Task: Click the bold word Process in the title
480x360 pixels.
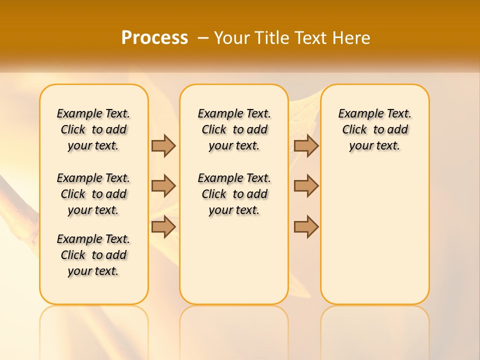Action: pyautogui.click(x=154, y=37)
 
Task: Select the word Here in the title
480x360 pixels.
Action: pyautogui.click(x=350, y=37)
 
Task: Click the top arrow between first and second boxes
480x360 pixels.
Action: pyautogui.click(x=163, y=145)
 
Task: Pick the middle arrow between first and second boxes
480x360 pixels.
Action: pyautogui.click(x=163, y=186)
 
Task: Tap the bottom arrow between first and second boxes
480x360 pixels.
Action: pyautogui.click(x=163, y=226)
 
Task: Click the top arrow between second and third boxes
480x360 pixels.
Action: pyautogui.click(x=306, y=145)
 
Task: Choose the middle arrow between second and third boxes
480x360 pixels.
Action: pyautogui.click(x=306, y=186)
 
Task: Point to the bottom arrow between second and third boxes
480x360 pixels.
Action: pyautogui.click(x=306, y=226)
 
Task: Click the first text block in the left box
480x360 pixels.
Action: pyautogui.click(x=93, y=129)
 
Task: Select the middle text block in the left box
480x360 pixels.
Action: pyautogui.click(x=93, y=194)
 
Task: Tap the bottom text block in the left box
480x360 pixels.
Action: pyautogui.click(x=93, y=255)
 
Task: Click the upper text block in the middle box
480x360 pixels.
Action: pyautogui.click(x=234, y=129)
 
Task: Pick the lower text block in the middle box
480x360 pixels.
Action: pyautogui.click(x=234, y=194)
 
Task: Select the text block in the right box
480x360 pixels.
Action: pyautogui.click(x=374, y=129)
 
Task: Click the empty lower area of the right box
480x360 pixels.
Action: pyautogui.click(x=374, y=235)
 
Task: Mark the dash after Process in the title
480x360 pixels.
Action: pyautogui.click(x=203, y=37)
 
